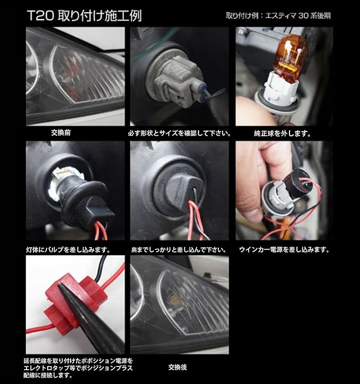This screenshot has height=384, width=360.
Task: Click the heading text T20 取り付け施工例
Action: [x=84, y=16]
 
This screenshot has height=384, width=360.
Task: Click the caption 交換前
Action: [x=61, y=133]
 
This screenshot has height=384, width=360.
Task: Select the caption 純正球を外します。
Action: [x=283, y=134]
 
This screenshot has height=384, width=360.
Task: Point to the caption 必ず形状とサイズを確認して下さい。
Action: [x=179, y=134]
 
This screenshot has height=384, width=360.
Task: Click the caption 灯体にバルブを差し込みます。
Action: [x=68, y=250]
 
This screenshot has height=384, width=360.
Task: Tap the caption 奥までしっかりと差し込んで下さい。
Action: [x=179, y=250]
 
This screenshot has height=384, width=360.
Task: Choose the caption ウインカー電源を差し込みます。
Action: [x=284, y=250]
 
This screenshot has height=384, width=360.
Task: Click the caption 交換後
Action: [x=178, y=367]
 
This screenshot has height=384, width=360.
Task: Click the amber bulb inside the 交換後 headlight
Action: [x=175, y=299]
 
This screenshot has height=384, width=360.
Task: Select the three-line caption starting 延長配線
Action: [x=78, y=368]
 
